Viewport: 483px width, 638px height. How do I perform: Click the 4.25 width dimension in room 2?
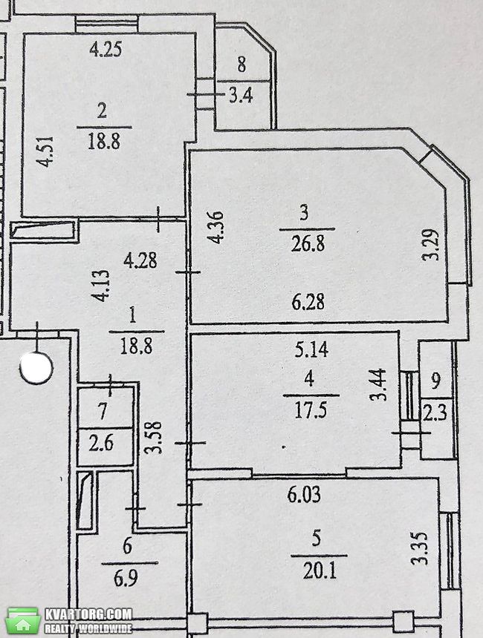pyautogui.click(x=106, y=50)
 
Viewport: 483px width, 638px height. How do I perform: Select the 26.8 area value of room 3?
pyautogui.click(x=308, y=244)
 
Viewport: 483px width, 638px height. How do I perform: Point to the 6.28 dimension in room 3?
pyautogui.click(x=308, y=302)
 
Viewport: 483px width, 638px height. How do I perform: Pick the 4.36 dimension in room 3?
pyautogui.click(x=216, y=227)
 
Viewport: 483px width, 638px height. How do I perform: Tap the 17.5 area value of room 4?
pyautogui.click(x=310, y=410)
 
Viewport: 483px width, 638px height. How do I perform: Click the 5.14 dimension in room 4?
pyautogui.click(x=312, y=349)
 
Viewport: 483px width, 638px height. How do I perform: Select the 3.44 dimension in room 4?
pyautogui.click(x=379, y=384)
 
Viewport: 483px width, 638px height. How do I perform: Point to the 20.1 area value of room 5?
pyautogui.click(x=320, y=571)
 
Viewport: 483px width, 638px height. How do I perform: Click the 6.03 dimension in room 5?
pyautogui.click(x=304, y=495)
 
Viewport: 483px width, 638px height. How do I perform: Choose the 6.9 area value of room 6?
pyautogui.click(x=126, y=578)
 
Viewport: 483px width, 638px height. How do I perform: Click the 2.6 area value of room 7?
pyautogui.click(x=101, y=443)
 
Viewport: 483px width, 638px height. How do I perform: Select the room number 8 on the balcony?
pyautogui.click(x=241, y=65)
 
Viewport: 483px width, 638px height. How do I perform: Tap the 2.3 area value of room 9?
pyautogui.click(x=435, y=412)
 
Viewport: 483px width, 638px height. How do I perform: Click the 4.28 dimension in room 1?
pyautogui.click(x=140, y=260)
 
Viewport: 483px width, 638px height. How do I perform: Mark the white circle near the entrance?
pyautogui.click(x=36, y=368)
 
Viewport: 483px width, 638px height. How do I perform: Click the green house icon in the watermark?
pyautogui.click(x=25, y=622)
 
